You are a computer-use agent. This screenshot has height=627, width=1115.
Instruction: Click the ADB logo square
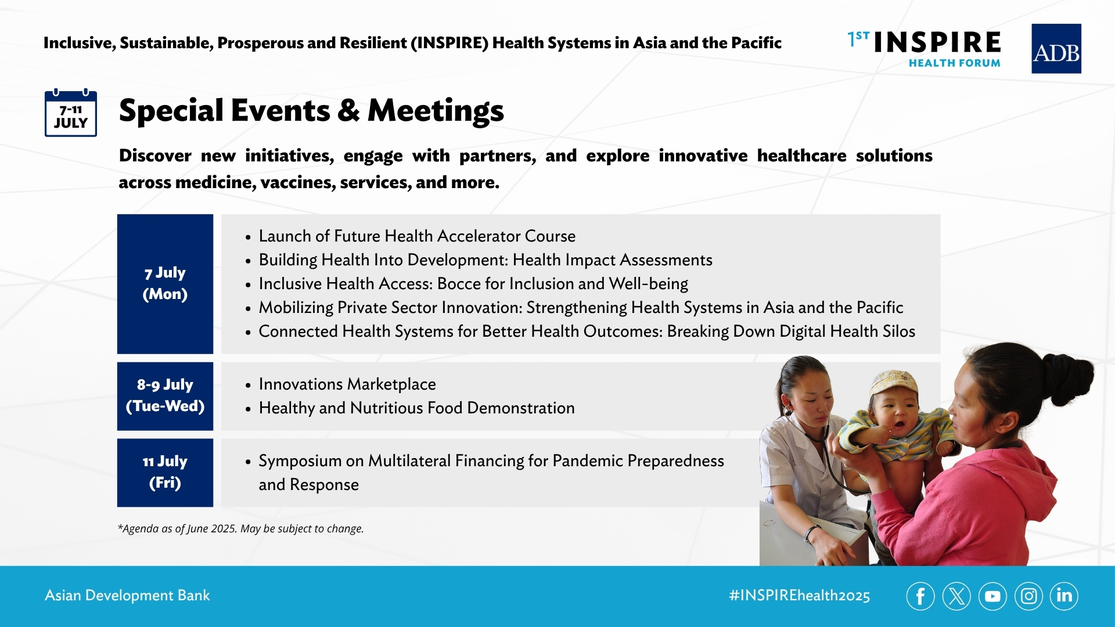coord(1056,49)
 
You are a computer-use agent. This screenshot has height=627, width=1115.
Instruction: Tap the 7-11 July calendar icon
coord(71,113)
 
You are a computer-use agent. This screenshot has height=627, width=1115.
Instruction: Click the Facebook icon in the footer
coord(920,596)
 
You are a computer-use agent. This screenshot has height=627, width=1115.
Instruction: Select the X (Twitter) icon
coord(956,596)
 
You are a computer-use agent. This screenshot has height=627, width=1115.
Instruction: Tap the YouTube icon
coord(992,596)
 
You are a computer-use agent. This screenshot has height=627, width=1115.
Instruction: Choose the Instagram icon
coord(1028,596)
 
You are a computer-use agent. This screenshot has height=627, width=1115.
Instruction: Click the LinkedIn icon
coord(1064,596)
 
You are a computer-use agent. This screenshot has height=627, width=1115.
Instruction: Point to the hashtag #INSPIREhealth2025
coord(800,596)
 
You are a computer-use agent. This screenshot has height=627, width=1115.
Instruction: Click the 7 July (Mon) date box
coord(165,284)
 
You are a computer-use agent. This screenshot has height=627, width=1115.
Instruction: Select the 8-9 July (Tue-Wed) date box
coord(165,396)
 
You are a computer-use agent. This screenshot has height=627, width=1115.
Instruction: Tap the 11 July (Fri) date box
coord(165,473)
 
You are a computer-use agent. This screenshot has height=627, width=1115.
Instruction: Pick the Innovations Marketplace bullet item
coord(347,384)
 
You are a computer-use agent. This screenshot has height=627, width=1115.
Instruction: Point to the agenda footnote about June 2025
coord(240,528)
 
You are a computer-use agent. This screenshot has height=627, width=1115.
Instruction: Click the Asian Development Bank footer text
coord(127,595)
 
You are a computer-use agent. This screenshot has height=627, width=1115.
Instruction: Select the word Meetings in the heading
coord(436,110)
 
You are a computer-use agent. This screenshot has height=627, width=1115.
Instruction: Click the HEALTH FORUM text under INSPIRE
coord(955,63)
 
